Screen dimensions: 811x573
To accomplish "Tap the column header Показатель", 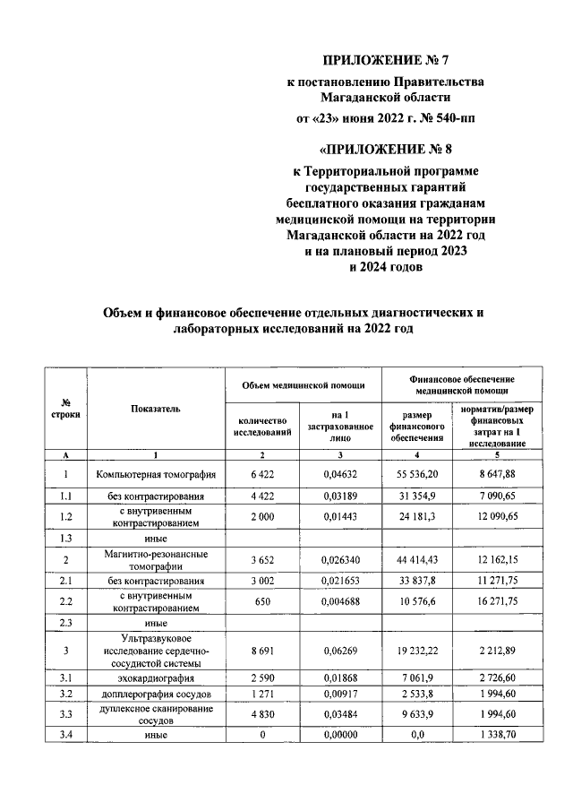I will [x=156, y=408].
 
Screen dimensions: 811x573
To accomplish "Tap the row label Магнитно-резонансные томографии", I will [x=156, y=559].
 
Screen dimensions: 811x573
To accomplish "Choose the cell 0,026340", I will [x=339, y=559].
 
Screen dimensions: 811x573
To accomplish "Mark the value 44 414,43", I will [x=417, y=559].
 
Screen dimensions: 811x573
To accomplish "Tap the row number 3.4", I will [x=66, y=737].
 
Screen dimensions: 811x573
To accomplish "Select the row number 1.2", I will [x=66, y=515].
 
